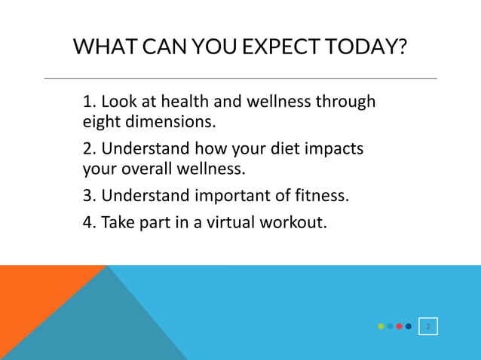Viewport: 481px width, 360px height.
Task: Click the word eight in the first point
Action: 100,121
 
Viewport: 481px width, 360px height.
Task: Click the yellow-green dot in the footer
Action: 381,326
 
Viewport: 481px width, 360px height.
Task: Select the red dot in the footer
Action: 399,326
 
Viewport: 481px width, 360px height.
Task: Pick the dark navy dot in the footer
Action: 408,326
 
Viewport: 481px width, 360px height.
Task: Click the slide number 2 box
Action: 428,326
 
